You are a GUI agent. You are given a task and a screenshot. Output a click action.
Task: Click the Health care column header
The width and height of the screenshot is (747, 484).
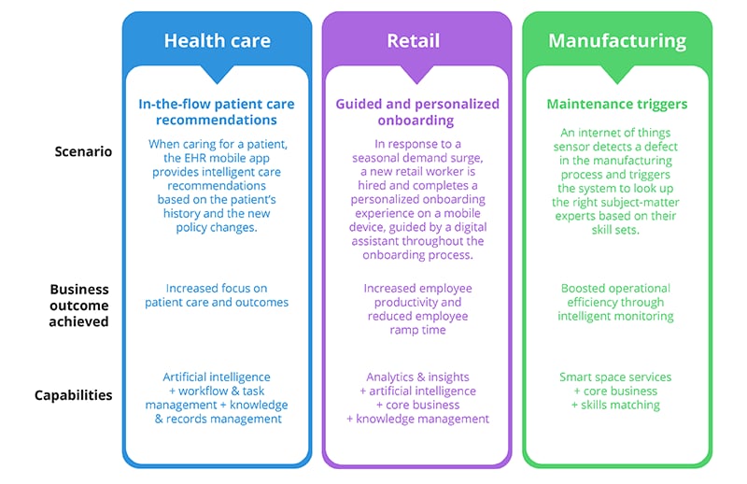tap(217, 41)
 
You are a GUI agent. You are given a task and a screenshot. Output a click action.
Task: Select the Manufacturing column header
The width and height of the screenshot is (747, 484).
tap(616, 41)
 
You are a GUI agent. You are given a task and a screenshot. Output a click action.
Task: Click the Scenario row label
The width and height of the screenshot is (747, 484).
tap(82, 150)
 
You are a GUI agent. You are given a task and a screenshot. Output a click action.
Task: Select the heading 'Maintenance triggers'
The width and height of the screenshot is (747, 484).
tap(616, 104)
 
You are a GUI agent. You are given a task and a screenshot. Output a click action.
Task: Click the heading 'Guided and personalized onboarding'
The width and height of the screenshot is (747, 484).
tap(416, 113)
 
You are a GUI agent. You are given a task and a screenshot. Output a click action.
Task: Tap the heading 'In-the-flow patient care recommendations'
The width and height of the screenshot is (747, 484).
tap(217, 113)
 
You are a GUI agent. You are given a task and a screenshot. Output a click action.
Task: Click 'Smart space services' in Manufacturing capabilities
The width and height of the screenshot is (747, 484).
tap(616, 377)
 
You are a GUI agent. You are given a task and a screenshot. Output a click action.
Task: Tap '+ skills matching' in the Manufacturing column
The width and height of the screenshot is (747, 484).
tap(616, 405)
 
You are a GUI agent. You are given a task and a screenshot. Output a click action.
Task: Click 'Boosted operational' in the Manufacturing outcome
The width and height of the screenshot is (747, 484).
tap(616, 289)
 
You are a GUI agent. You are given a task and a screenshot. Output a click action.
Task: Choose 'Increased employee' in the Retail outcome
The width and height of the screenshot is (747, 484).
tap(416, 289)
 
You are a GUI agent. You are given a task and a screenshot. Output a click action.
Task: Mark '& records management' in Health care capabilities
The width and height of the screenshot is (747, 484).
tap(217, 420)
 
